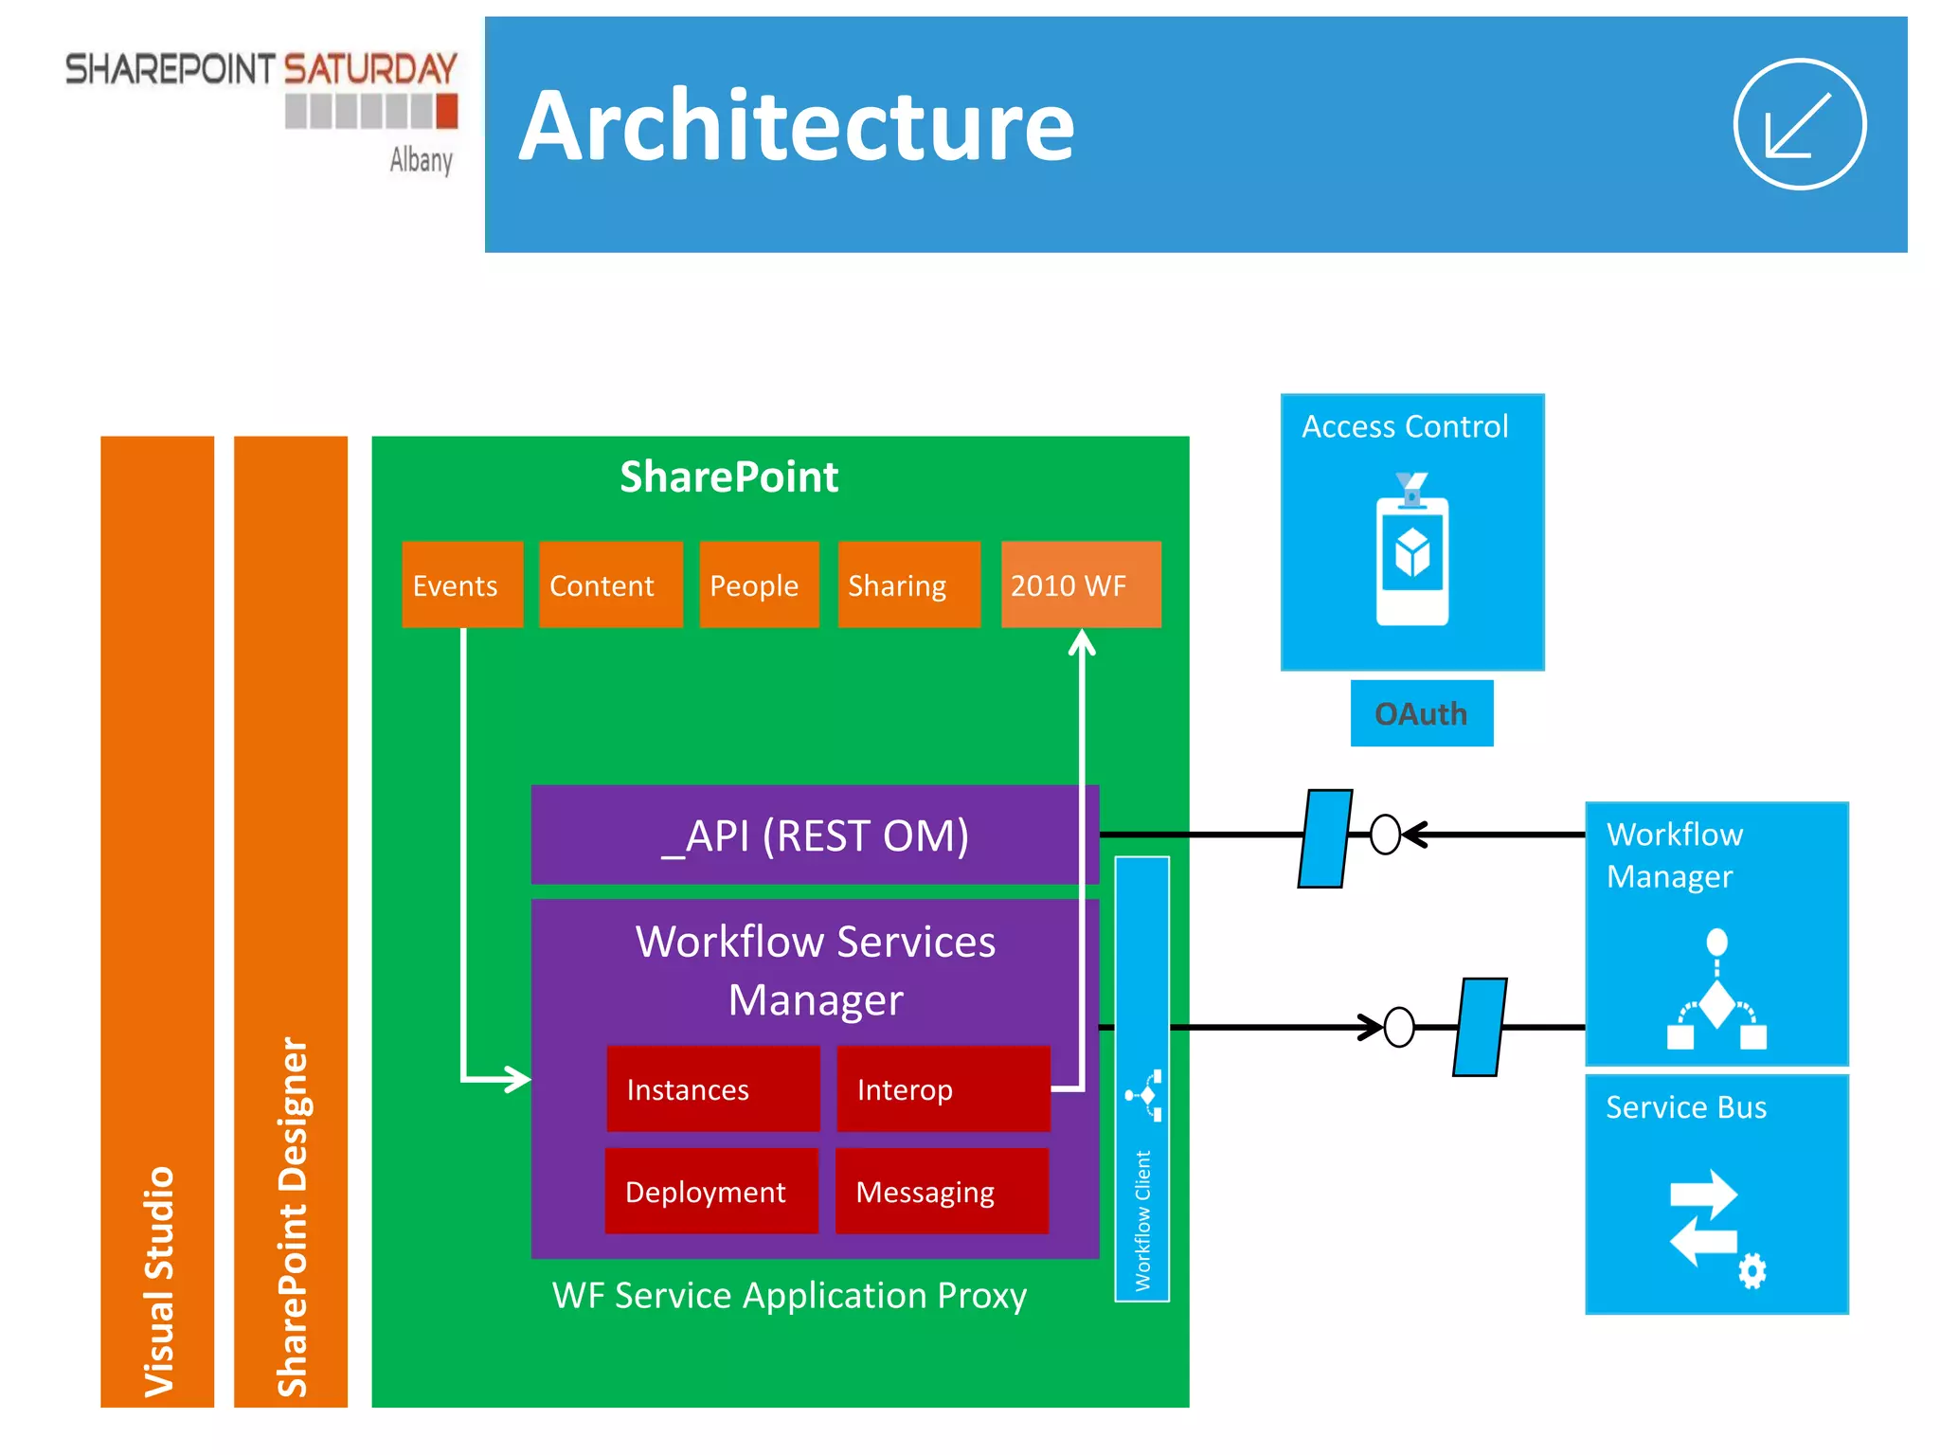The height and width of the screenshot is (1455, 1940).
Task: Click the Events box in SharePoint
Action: pyautogui.click(x=461, y=584)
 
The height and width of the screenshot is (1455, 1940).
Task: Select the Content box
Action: pyautogui.click(x=610, y=584)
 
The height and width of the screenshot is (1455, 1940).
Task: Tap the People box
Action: pyautogui.click(x=758, y=584)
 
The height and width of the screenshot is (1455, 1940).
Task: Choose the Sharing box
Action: pyautogui.click(x=907, y=584)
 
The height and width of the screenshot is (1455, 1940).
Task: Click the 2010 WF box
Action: pyautogui.click(x=1080, y=584)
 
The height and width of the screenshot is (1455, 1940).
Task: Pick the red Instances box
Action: pyautogui.click(x=712, y=1088)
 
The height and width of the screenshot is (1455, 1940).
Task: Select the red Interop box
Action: pyautogui.click(x=943, y=1088)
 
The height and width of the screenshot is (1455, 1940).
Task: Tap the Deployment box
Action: pyautogui.click(x=710, y=1191)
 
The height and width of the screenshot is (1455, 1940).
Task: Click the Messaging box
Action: pyautogui.click(x=941, y=1191)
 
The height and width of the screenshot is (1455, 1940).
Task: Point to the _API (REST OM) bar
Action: pyautogui.click(x=815, y=835)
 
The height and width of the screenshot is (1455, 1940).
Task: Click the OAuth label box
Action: pyautogui.click(x=1421, y=713)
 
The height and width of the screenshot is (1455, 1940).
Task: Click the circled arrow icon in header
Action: pyautogui.click(x=1799, y=125)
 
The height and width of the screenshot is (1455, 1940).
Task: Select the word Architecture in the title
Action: pyautogui.click(x=797, y=126)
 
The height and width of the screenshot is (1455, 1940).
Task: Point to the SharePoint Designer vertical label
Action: pyautogui.click(x=292, y=1217)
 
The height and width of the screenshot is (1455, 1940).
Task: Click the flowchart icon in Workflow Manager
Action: pyautogui.click(x=1716, y=991)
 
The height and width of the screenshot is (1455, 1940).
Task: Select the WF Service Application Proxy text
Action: pyautogui.click(x=789, y=1295)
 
